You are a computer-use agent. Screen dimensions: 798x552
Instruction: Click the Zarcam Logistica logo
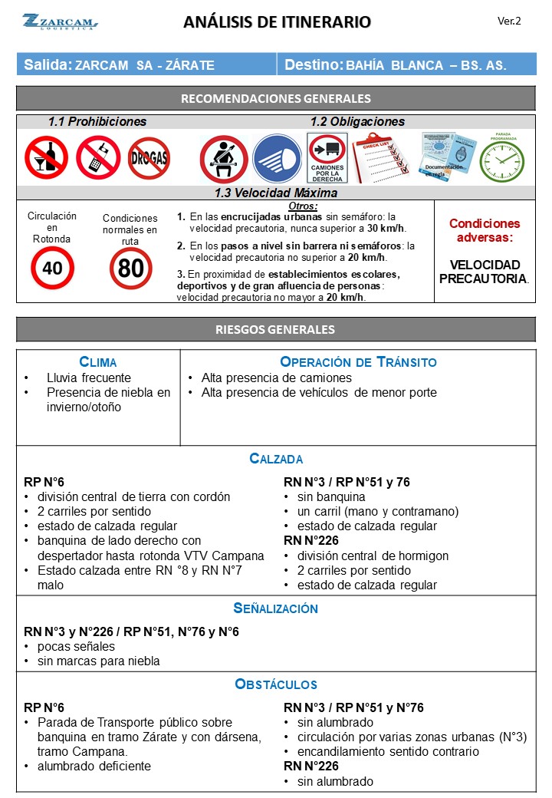(x=60, y=22)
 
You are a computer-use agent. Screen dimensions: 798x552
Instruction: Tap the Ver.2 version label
(x=509, y=21)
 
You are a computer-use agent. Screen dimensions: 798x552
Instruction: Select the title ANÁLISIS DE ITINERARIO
(x=277, y=22)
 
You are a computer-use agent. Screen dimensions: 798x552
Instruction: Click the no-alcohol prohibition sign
(x=46, y=157)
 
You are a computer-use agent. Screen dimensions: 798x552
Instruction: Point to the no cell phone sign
(x=97, y=157)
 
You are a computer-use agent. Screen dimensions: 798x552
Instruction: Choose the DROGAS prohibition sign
(x=149, y=158)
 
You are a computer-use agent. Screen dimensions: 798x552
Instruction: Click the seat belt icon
(x=223, y=159)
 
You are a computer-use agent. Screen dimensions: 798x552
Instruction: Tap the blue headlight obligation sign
(x=277, y=159)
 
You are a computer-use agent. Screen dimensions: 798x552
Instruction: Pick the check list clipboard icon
(x=381, y=157)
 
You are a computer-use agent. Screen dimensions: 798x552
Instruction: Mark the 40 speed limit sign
(x=52, y=268)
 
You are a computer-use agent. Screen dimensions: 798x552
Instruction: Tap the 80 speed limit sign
(x=130, y=268)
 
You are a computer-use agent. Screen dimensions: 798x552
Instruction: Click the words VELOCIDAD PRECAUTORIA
(x=485, y=272)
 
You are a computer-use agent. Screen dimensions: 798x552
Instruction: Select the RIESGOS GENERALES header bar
(x=276, y=330)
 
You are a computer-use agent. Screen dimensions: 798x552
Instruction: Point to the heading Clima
(x=98, y=362)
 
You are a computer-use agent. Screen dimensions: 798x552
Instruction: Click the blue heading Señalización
(x=276, y=608)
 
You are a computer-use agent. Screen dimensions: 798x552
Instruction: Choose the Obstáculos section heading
(x=276, y=684)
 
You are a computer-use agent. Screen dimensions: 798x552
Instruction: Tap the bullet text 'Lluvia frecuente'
(x=88, y=378)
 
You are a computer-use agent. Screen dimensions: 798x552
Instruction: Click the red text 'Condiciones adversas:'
(x=485, y=231)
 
